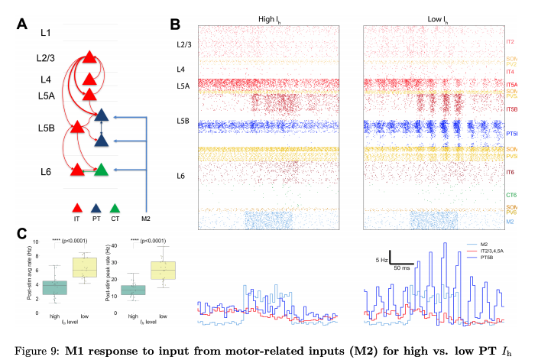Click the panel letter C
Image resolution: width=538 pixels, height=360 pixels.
tap(22, 235)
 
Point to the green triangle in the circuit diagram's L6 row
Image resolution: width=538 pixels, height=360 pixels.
tap(101, 170)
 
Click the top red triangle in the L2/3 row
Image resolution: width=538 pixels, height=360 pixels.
tap(89, 57)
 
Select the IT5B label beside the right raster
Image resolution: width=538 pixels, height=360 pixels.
tap(512, 109)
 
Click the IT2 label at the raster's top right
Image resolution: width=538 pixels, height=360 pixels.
tap(510, 41)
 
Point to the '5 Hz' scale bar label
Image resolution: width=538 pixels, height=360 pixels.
tap(380, 260)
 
